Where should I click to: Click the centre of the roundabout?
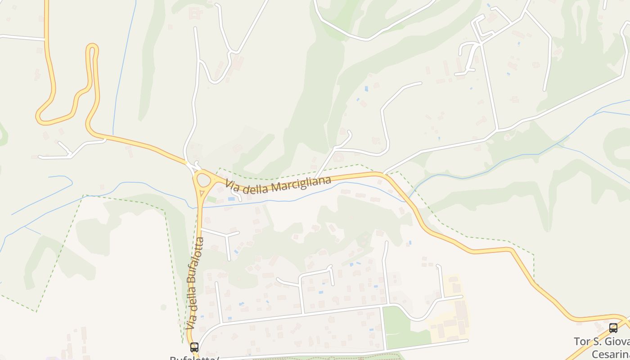(204, 181)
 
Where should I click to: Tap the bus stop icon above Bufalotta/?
(194, 347)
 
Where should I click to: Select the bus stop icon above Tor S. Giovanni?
(613, 328)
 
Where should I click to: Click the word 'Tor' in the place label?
(581, 342)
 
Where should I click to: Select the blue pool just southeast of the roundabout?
(231, 198)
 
